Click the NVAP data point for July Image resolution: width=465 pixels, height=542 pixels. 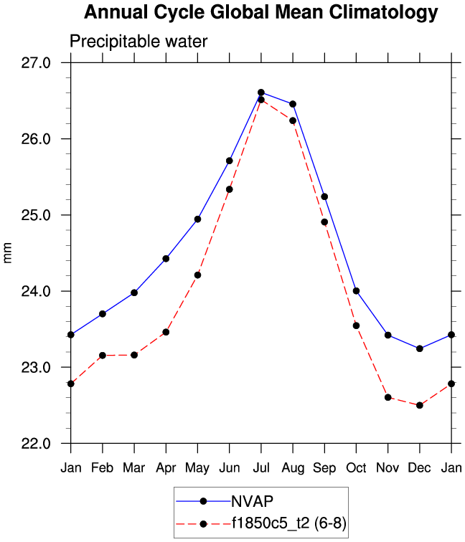261,92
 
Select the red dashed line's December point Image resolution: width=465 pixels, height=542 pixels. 419,405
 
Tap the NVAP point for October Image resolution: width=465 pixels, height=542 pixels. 356,290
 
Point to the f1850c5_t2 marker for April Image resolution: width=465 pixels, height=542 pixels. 166,332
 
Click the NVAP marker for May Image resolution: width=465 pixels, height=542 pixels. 197,219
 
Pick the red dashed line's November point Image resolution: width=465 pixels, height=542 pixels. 387,397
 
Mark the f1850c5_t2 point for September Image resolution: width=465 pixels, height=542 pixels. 324,222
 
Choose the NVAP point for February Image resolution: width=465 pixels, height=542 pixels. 103,314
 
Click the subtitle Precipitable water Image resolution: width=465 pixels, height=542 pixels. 138,42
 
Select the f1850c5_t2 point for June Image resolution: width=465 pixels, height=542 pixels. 229,189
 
